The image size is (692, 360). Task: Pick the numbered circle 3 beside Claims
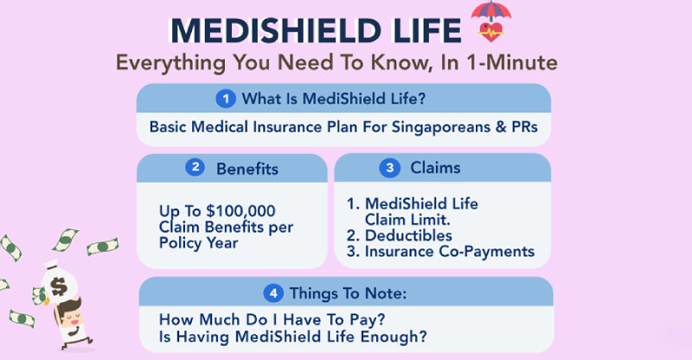(x=390, y=168)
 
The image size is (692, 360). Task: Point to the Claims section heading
(x=438, y=168)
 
